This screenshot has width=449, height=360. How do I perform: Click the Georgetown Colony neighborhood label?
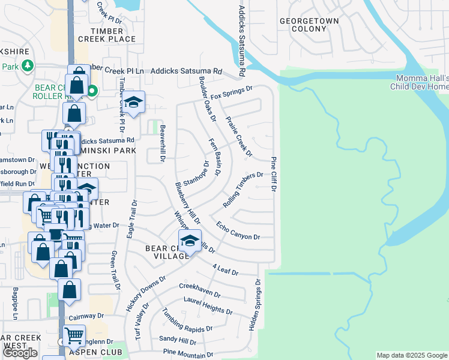(x=309, y=25)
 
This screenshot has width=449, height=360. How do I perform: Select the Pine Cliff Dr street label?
(x=273, y=174)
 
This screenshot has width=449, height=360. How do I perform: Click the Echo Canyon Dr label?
(x=238, y=233)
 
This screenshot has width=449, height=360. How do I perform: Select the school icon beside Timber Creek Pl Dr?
(x=134, y=103)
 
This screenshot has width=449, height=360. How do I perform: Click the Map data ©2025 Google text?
(x=412, y=355)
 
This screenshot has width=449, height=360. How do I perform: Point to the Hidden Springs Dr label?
(x=255, y=305)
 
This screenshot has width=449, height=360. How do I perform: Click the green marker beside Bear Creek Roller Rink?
(x=92, y=91)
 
